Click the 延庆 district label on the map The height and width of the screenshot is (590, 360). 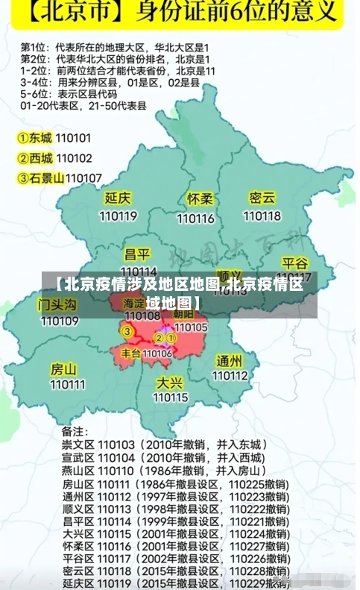pos(117,199)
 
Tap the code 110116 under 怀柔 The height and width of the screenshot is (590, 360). pos(195,219)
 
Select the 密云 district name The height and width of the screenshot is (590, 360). pos(262,198)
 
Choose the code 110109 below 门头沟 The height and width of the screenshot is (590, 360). pos(60,321)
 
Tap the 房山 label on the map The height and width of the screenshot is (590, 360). pos(63,368)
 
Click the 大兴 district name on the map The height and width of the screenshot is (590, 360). pos(170,382)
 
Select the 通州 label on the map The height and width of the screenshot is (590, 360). pos(230,360)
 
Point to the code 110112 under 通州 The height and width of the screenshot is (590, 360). pos(230,375)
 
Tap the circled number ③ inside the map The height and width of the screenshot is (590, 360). pos(127,331)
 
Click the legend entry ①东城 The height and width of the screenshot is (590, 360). pos(35,138)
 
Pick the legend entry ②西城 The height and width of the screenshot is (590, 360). pos(35,158)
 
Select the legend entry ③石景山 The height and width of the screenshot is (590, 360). pos(41,178)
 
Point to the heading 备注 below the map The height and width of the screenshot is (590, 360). pos(74,431)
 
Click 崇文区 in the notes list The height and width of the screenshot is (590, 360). pos(77,444)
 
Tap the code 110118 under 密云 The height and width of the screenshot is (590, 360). pos(262,216)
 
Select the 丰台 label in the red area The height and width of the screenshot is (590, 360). pos(131,353)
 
